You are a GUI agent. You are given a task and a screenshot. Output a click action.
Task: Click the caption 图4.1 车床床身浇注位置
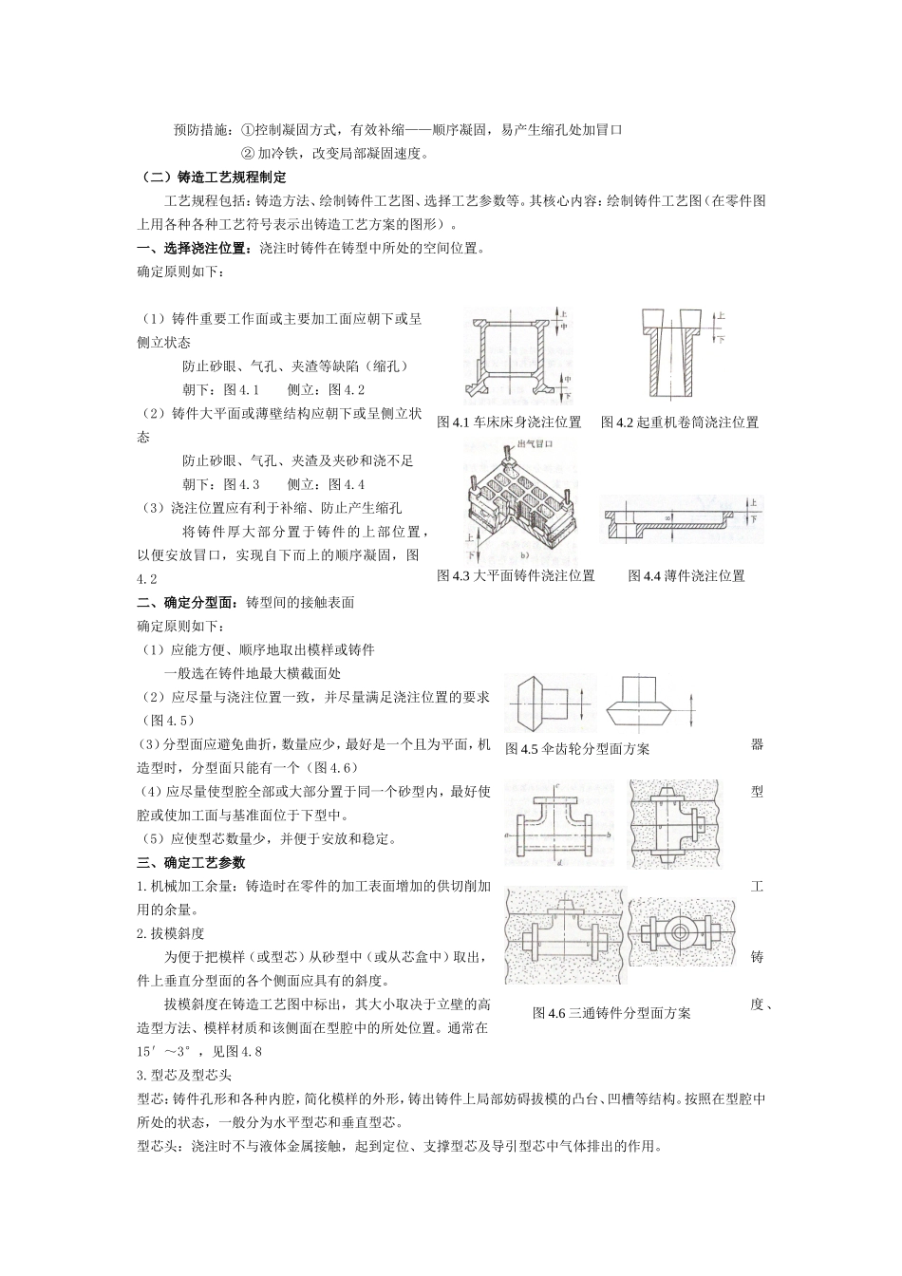click(509, 422)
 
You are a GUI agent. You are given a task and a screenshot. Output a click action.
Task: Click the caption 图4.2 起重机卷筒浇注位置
click(680, 422)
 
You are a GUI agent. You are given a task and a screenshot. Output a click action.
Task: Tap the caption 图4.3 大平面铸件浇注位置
click(516, 575)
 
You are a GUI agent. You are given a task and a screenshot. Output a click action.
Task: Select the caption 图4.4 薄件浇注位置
click(686, 575)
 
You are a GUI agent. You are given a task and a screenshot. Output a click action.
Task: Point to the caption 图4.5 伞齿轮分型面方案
click(577, 749)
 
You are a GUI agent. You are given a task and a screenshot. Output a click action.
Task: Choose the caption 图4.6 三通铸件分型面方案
click(611, 1013)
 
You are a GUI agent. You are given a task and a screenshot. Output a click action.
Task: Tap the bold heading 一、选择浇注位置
click(197, 249)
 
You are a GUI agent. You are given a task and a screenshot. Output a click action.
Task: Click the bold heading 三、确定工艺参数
click(191, 862)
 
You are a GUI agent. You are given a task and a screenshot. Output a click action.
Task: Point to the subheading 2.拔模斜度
click(171, 933)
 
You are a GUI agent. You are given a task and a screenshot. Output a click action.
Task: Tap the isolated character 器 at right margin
click(757, 744)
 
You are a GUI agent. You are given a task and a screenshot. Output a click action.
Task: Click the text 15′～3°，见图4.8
click(198, 1051)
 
